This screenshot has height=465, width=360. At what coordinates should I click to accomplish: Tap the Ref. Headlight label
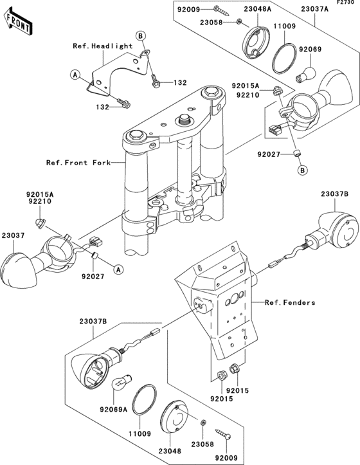tap(103, 46)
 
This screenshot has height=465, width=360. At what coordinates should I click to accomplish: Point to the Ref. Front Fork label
tap(78, 163)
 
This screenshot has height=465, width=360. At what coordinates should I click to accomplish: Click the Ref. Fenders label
tap(290, 302)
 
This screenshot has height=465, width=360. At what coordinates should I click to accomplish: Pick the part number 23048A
tap(257, 9)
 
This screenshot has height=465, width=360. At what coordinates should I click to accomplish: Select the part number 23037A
tap(314, 9)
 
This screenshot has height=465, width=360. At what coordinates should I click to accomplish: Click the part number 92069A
tap(113, 410)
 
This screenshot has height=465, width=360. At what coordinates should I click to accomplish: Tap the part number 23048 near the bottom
tap(170, 451)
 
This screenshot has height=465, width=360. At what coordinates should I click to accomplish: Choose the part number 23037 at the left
tap(14, 235)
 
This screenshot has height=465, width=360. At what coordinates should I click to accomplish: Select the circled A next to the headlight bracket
tap(75, 75)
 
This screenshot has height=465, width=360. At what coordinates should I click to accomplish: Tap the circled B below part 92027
tap(303, 170)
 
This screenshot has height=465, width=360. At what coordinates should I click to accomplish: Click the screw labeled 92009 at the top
tap(221, 10)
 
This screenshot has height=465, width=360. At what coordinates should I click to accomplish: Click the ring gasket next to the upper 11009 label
tap(284, 59)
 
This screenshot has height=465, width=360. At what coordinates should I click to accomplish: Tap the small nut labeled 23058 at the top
tap(239, 21)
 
